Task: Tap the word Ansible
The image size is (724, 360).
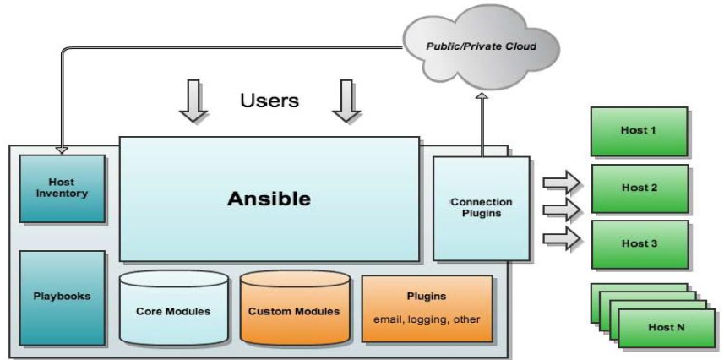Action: point(269,199)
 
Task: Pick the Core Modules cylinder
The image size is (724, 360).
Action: point(173,309)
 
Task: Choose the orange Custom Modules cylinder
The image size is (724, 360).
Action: point(294,309)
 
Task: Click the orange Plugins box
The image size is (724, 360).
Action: point(427,308)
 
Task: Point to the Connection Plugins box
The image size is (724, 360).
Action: point(481,208)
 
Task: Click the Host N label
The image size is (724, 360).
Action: point(665,327)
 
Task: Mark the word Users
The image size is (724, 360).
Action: point(269,101)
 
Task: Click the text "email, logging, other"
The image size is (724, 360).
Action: point(427,319)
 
